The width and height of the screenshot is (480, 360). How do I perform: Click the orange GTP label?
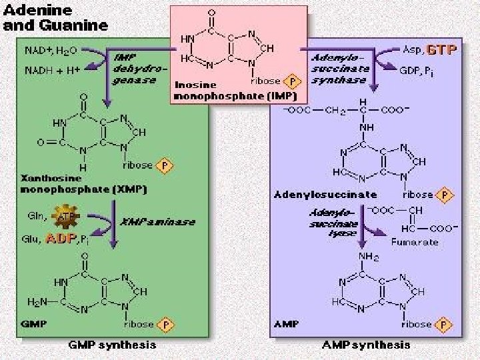tap(441, 49)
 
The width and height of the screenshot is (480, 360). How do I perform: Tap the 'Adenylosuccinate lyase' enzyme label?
tap(332, 225)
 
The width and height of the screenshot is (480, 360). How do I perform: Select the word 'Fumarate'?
tap(415, 241)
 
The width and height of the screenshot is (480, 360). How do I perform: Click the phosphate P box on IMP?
tap(291, 81)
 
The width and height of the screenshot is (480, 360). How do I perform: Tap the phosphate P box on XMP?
tap(163, 165)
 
